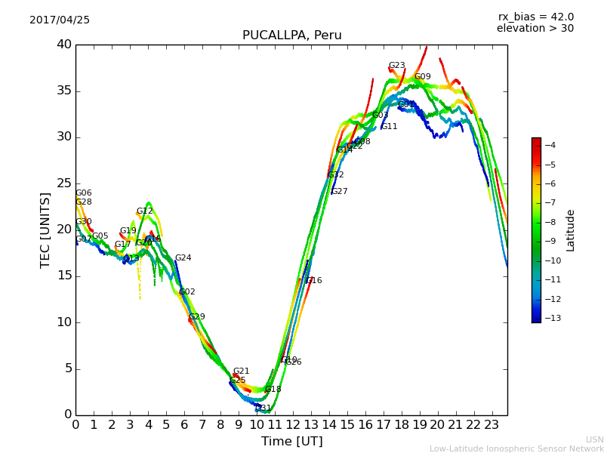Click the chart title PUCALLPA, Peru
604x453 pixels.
291,35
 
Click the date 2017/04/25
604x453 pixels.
60,20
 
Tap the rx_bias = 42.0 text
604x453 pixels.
535,17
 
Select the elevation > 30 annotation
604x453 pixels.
535,29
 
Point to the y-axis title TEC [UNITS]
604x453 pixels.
46,230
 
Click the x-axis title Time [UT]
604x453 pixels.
291,442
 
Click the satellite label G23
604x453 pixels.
396,66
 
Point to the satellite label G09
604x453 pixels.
422,77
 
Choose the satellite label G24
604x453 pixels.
183,258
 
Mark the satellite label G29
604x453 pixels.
196,317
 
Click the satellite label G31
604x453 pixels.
263,408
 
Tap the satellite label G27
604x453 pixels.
339,192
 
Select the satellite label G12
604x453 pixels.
144,212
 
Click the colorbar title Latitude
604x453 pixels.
571,230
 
